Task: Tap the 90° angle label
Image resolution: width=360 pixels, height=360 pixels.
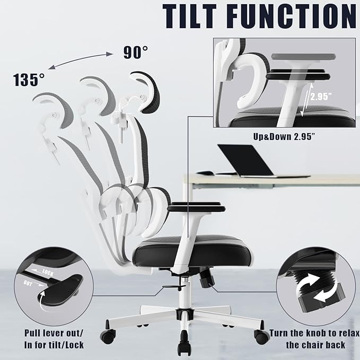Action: click(136, 52)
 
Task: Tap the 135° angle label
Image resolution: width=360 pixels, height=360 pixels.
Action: click(30, 80)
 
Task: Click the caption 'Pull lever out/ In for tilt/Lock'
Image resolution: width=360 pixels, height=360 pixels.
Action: click(53, 339)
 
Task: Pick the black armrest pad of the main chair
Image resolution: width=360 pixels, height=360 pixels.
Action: click(194, 207)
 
